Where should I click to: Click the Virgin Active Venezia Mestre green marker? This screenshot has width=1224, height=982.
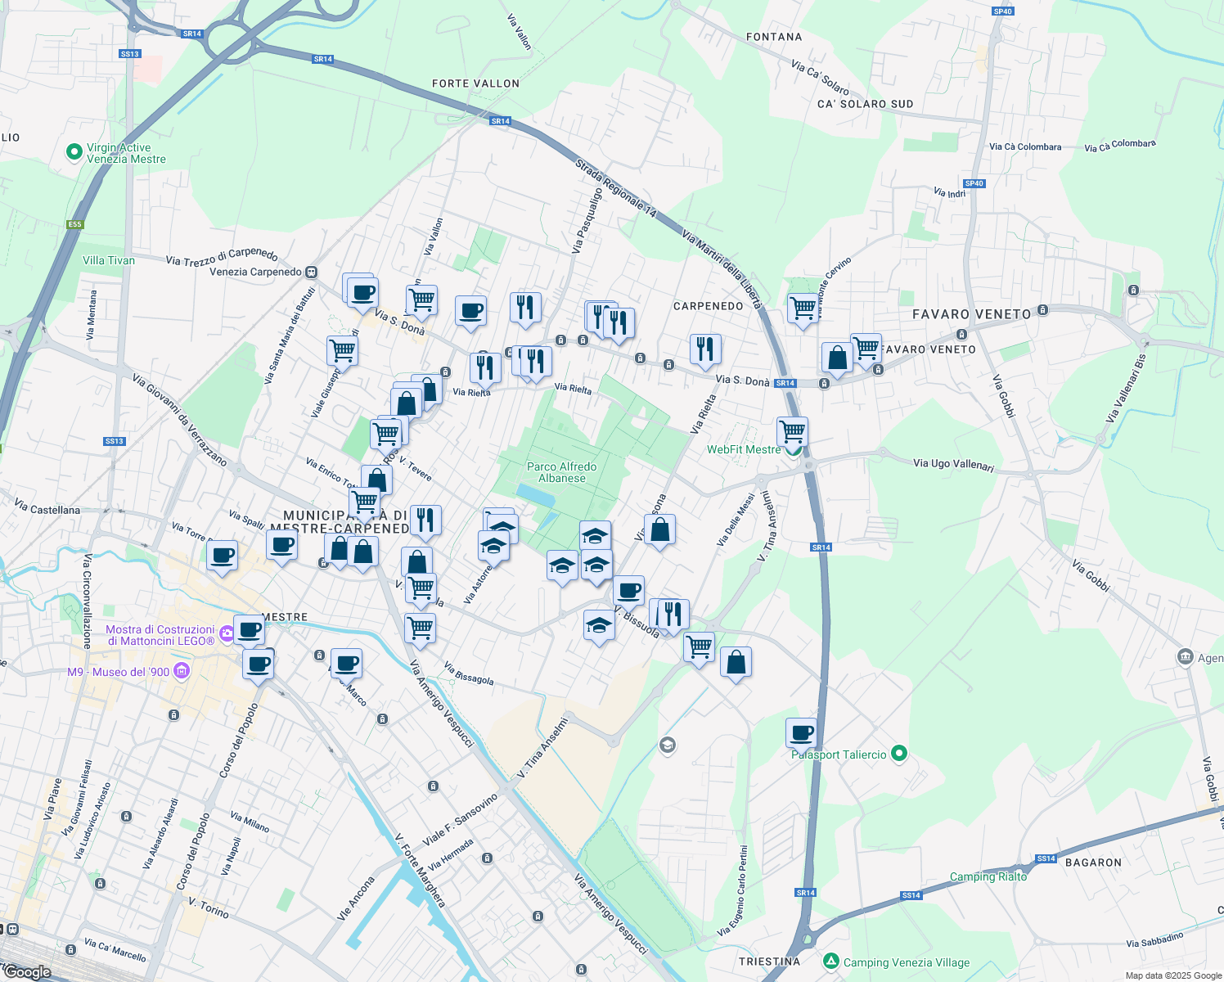click(x=74, y=152)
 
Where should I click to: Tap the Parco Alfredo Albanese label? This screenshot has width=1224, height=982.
click(x=561, y=472)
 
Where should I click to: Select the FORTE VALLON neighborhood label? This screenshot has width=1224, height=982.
click(x=475, y=83)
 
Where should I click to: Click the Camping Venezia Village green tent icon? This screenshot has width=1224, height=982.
click(x=831, y=961)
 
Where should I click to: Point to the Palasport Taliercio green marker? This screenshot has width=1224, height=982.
click(x=899, y=754)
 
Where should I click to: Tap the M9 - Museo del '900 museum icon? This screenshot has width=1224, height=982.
click(x=182, y=672)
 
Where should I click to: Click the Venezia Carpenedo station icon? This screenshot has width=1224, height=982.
click(x=311, y=272)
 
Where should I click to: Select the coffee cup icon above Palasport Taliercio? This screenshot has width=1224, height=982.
click(x=801, y=732)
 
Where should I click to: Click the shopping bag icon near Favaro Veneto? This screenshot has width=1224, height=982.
click(x=837, y=358)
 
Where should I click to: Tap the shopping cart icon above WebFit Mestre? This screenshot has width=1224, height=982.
click(x=792, y=430)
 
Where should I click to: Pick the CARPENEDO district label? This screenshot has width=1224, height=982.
click(x=708, y=306)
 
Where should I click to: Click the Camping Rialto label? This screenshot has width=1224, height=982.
click(x=988, y=876)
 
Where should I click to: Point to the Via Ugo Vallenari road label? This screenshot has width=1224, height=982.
click(x=953, y=464)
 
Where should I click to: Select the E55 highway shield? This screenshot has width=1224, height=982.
click(x=75, y=224)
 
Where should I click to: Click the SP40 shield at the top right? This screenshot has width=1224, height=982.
click(x=1002, y=11)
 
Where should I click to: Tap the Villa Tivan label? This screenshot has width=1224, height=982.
click(x=109, y=260)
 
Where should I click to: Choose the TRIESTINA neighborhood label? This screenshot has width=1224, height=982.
click(x=769, y=962)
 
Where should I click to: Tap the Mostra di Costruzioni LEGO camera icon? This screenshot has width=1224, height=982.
click(x=226, y=633)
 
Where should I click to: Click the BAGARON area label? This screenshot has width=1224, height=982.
click(x=1093, y=863)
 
